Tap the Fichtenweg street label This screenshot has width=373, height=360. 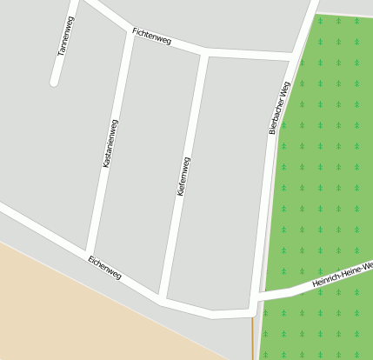(x=151, y=37)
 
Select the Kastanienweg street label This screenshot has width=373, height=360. (x=109, y=144)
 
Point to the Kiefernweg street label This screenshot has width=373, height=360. (x=183, y=177)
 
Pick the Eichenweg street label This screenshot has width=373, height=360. (x=104, y=267)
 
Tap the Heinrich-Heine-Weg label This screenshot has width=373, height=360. (x=342, y=274)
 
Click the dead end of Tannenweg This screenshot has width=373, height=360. (x=55, y=83)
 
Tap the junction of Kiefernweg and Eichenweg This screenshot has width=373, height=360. (x=163, y=298)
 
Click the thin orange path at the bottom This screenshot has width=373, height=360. (x=253, y=339)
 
